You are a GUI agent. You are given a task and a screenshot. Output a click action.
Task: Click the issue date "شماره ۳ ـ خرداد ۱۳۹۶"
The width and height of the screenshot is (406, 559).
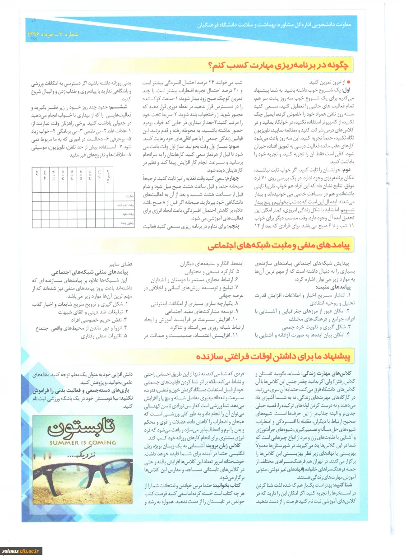pos(50,35)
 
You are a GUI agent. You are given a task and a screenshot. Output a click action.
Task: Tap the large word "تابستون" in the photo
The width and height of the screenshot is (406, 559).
pos(86,426)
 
